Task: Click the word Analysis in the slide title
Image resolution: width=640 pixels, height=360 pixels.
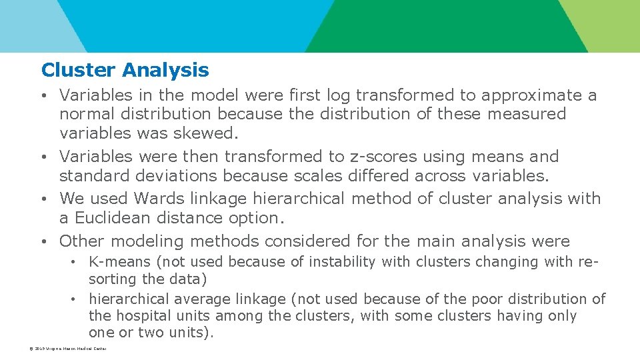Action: tap(165, 70)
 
